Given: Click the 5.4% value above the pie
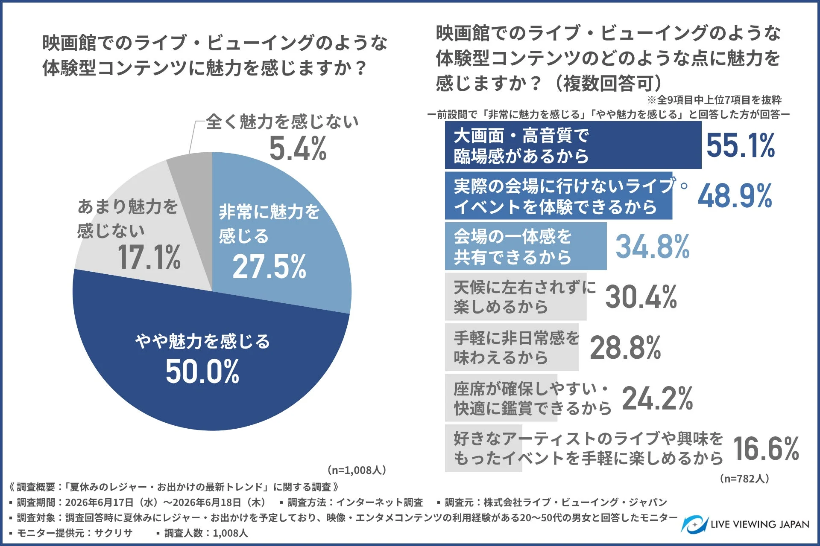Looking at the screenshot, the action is (298, 148).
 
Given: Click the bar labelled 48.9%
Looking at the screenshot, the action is (559, 195).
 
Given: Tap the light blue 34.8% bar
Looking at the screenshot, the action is (526, 246).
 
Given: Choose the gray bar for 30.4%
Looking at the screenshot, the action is (515, 296).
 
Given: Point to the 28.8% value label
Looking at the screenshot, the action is (626, 348).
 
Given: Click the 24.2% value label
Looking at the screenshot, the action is (657, 398).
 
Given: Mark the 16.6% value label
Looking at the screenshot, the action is (766, 449).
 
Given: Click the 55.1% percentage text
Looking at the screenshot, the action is (741, 145).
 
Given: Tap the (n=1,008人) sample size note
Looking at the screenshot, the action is (357, 470).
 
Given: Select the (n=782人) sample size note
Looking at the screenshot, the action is (744, 479).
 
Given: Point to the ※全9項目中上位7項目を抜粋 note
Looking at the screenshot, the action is (714, 100).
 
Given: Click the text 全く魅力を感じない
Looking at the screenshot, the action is (282, 122).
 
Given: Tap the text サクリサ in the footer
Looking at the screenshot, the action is (113, 533).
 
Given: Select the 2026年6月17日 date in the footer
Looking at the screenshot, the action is (99, 502).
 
